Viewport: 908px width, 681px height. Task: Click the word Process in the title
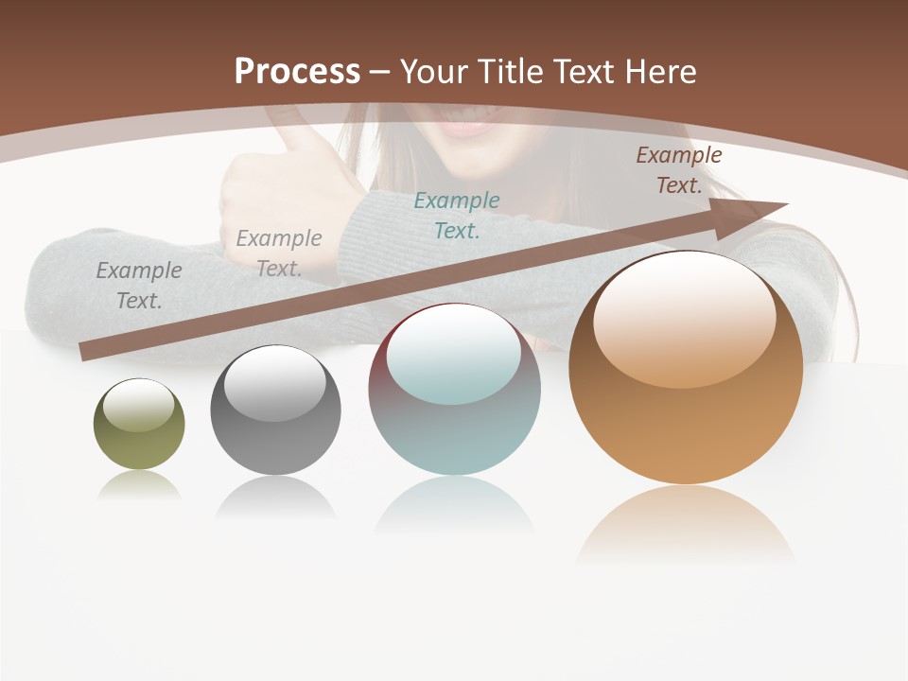pyautogui.click(x=297, y=72)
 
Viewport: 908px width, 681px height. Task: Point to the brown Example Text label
pyautogui.click(x=678, y=170)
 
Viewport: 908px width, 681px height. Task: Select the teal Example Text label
pyautogui.click(x=457, y=215)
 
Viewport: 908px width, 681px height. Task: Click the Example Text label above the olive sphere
pyautogui.click(x=139, y=285)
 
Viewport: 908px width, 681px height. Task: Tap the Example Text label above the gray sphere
pyautogui.click(x=279, y=253)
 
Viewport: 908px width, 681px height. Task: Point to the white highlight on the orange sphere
pyautogui.click(x=684, y=320)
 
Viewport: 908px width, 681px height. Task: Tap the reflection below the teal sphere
pyautogui.click(x=455, y=505)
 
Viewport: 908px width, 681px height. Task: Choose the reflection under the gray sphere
pyautogui.click(x=275, y=498)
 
